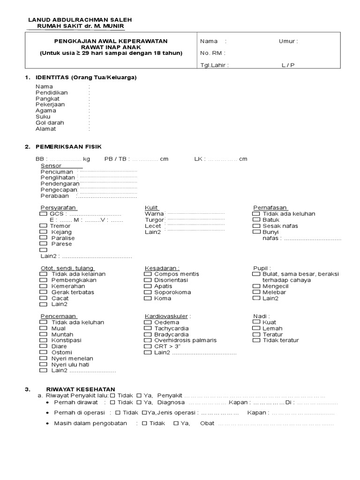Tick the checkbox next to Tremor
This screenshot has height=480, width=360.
click(x=44, y=226)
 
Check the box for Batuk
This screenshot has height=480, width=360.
click(x=256, y=219)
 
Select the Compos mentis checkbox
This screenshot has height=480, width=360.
click(x=148, y=274)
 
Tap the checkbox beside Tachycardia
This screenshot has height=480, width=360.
click(x=148, y=329)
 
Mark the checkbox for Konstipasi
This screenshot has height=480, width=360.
click(x=44, y=340)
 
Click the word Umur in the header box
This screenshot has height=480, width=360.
click(x=288, y=41)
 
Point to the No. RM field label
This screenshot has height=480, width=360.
click(x=212, y=53)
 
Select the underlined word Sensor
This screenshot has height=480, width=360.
click(x=51, y=166)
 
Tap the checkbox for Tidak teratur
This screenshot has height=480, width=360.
click(x=256, y=340)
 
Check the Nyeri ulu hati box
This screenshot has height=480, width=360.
click(x=44, y=364)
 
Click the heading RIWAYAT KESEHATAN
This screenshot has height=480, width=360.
click(x=80, y=389)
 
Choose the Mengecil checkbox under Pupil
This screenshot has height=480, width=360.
click(x=256, y=286)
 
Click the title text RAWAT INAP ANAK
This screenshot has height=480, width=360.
click(x=111, y=47)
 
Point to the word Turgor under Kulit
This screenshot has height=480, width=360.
click(x=154, y=220)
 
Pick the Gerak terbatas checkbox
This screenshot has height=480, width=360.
click(x=44, y=292)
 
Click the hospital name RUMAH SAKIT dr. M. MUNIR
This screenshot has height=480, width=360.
click(x=80, y=27)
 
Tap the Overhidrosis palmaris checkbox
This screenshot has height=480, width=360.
click(x=148, y=340)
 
